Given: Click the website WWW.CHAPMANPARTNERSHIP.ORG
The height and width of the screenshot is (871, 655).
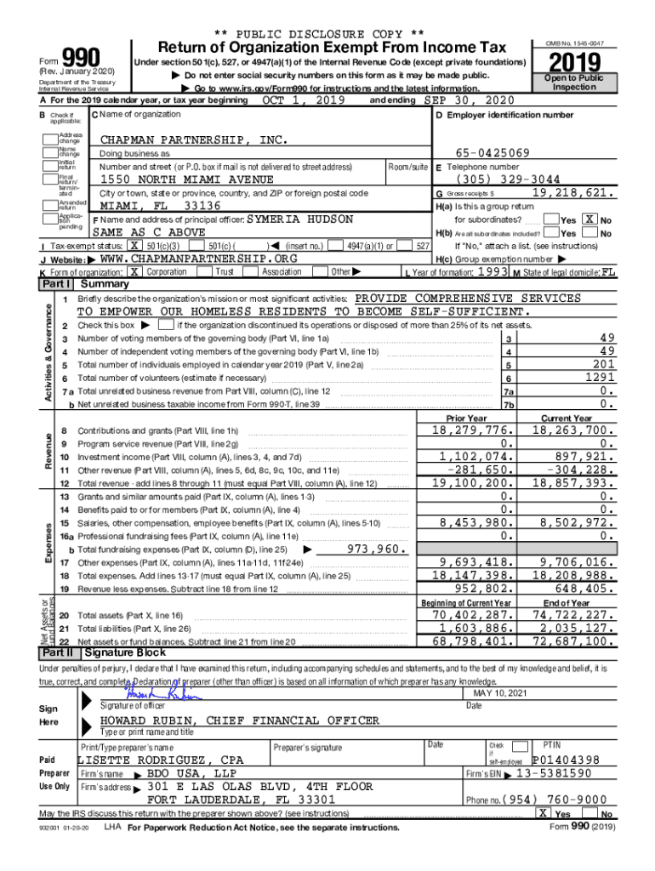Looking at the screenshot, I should pyautogui.click(x=198, y=258).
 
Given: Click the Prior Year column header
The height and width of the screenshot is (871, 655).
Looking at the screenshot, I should pyautogui.click(x=467, y=418).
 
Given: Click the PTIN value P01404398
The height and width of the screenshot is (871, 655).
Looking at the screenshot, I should pyautogui.click(x=566, y=760).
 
